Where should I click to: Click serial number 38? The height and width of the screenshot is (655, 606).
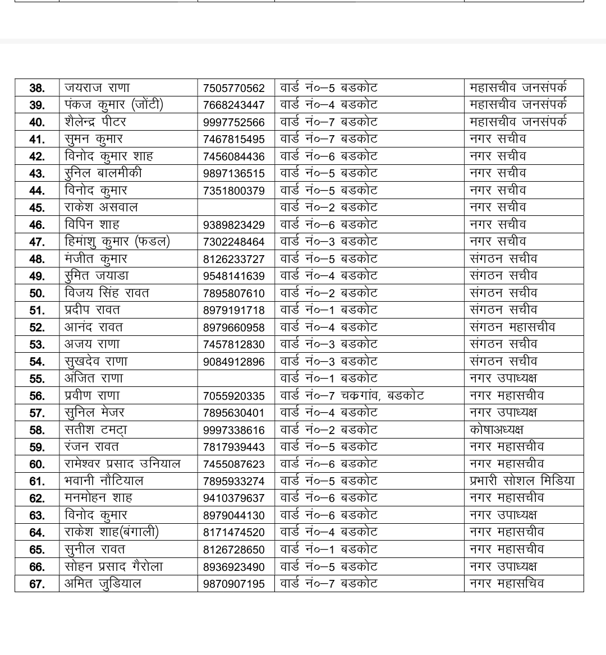click(37, 89)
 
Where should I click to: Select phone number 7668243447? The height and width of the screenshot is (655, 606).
click(233, 105)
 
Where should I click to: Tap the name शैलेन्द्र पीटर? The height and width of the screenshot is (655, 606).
click(95, 122)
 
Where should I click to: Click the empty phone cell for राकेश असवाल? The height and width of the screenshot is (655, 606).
click(236, 207)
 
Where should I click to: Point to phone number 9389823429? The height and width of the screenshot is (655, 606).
click(233, 225)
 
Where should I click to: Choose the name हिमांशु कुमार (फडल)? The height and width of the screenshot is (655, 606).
click(117, 242)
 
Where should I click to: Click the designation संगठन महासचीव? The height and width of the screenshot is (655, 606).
click(512, 327)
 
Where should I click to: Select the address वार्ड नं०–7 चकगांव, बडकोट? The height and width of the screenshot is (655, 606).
click(352, 396)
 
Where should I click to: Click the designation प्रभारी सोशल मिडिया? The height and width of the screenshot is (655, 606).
click(522, 481)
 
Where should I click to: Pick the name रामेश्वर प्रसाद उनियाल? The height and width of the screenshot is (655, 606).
click(122, 464)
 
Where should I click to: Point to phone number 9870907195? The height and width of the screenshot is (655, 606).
click(233, 584)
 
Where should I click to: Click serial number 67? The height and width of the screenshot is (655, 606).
click(37, 584)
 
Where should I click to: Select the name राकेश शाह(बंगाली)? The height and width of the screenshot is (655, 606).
click(112, 532)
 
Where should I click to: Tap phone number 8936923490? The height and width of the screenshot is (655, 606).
click(233, 567)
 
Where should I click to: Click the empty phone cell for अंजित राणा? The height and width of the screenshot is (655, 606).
click(236, 379)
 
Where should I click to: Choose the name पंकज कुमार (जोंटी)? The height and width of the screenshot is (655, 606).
click(114, 105)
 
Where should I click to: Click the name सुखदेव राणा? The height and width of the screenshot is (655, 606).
click(96, 361)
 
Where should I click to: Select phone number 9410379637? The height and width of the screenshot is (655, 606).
click(233, 499)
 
